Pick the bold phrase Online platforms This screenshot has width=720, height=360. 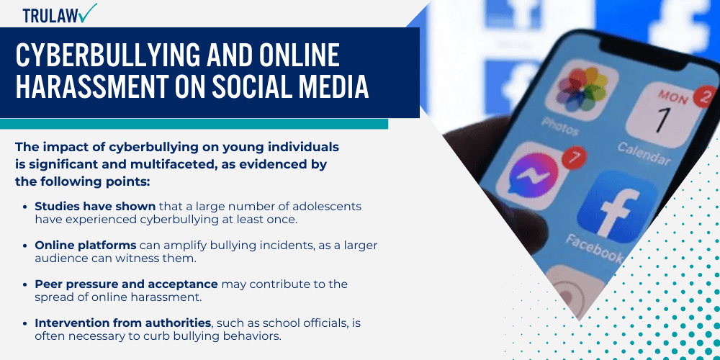pos(85,245)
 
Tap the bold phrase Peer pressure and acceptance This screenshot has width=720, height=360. pos(126,284)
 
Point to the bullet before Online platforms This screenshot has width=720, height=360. pos(27,246)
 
